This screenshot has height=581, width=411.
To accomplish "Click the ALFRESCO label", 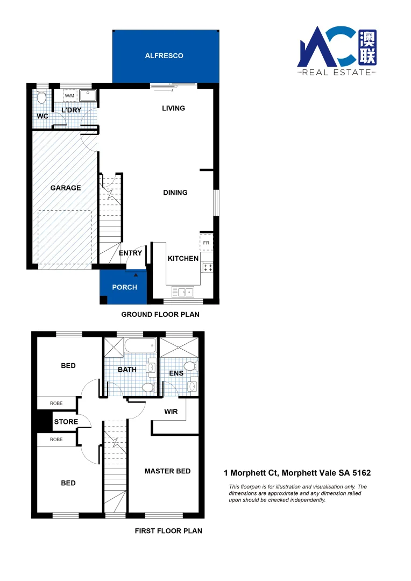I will click(x=164, y=55).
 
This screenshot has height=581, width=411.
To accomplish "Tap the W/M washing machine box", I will click(x=70, y=96).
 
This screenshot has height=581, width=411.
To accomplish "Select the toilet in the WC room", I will click(x=41, y=97).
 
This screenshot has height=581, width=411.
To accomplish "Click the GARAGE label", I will click(x=66, y=188).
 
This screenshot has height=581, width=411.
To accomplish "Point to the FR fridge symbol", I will click(x=207, y=243).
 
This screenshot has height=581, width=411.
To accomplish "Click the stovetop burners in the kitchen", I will click(x=207, y=267).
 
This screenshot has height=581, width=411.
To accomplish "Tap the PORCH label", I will click(x=124, y=287).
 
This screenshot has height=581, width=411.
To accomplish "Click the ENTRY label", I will click(x=130, y=253).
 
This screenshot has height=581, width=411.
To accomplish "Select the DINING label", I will click(x=175, y=193).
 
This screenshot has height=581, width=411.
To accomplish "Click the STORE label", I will click(x=66, y=422).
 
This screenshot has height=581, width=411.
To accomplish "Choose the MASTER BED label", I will click(x=167, y=471).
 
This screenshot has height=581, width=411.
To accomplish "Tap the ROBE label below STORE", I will click(x=56, y=440).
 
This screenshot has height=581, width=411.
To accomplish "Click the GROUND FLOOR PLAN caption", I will click(x=160, y=315).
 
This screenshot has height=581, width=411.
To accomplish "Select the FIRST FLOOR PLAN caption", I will click(x=168, y=531).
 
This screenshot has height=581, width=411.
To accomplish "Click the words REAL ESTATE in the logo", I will click(x=337, y=72).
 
